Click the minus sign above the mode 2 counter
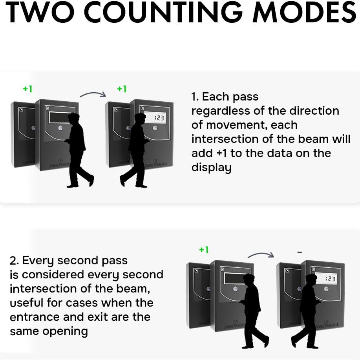tap(300, 252)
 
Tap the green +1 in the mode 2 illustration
tap(204, 250)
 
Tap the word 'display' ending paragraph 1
tap(211, 168)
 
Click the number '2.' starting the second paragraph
tap(14, 260)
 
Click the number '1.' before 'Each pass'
tap(195, 97)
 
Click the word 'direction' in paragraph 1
tap(313, 111)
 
